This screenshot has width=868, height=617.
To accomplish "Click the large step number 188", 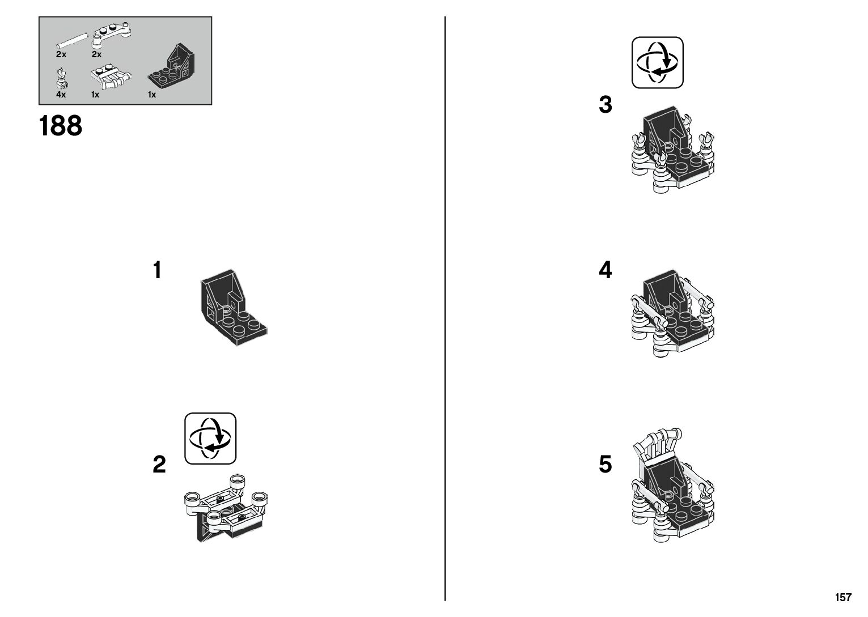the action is pyautogui.click(x=61, y=126).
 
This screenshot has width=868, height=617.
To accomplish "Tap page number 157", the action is pyautogui.click(x=842, y=598).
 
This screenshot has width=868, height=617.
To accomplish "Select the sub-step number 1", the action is pyautogui.click(x=157, y=271).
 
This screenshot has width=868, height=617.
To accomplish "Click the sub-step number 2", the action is pyautogui.click(x=159, y=465).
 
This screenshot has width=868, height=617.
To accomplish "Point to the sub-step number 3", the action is pyautogui.click(x=606, y=105).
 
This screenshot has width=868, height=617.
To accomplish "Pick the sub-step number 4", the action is pyautogui.click(x=606, y=271).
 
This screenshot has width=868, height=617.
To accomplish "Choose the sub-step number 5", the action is pyautogui.click(x=606, y=465).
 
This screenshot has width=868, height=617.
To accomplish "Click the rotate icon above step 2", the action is pyautogui.click(x=210, y=439).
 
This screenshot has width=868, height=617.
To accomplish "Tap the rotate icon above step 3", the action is pyautogui.click(x=658, y=62).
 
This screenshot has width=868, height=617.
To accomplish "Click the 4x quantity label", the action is pyautogui.click(x=61, y=95).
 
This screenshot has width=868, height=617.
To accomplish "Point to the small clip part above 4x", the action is pyautogui.click(x=61, y=78).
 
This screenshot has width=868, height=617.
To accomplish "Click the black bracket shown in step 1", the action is pyautogui.click(x=232, y=307).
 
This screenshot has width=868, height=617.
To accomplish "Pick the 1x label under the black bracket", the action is pyautogui.click(x=152, y=95).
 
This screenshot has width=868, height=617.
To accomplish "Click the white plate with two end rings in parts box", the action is pyautogui.click(x=113, y=35).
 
